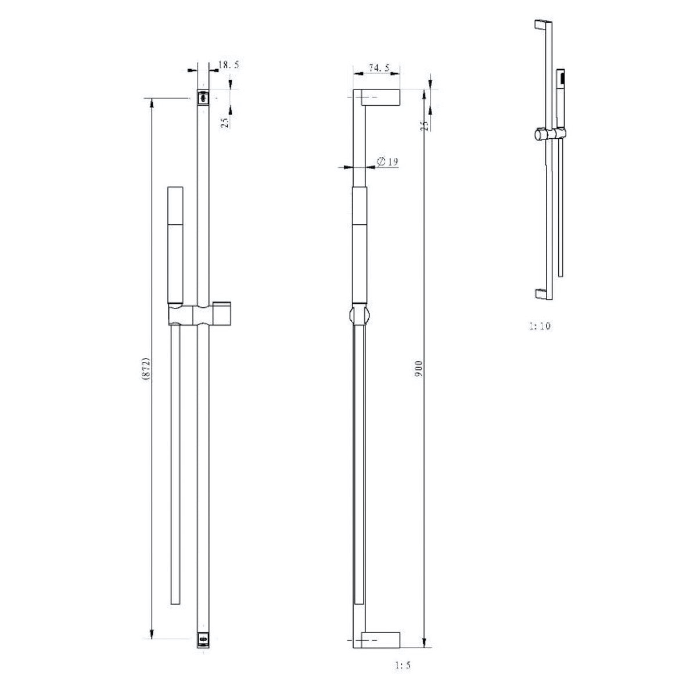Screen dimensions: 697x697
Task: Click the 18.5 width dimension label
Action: pyautogui.click(x=229, y=65)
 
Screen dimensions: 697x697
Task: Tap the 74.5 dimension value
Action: pyautogui.click(x=379, y=67)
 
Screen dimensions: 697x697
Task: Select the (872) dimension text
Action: pyautogui.click(x=146, y=369)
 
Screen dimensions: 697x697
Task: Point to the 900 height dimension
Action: pyautogui.click(x=418, y=369)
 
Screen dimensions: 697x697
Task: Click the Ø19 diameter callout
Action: pyautogui.click(x=387, y=161)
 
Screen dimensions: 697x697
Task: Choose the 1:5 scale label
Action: pyautogui.click(x=402, y=655)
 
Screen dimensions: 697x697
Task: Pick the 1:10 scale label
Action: pyautogui.click(x=540, y=326)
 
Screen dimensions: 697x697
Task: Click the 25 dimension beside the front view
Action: pyautogui.click(x=225, y=123)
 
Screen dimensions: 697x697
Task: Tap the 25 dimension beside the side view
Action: pyautogui.click(x=426, y=125)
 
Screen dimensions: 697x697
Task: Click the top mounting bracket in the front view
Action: pyautogui.click(x=203, y=98)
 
